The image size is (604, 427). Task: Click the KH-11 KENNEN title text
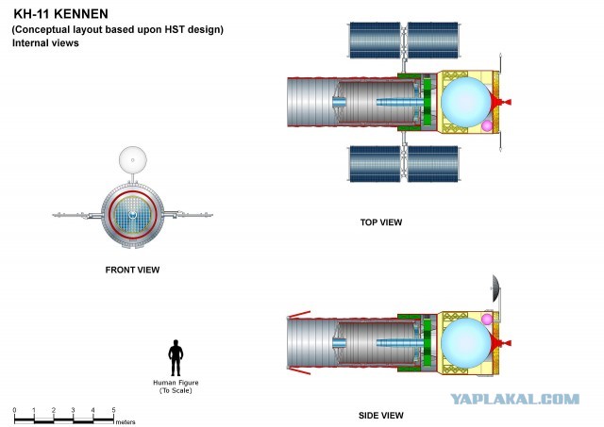[x=60, y=14]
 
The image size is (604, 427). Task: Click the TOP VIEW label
[x=381, y=222]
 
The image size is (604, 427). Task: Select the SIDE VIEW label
[x=381, y=416]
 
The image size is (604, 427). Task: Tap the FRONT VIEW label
[x=132, y=270]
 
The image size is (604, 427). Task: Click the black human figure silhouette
[x=176, y=358]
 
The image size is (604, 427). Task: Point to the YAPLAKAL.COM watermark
[x=514, y=399]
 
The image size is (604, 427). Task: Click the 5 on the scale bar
[x=113, y=410]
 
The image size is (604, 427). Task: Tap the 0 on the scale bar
[x=15, y=410]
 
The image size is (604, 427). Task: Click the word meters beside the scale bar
[x=126, y=422]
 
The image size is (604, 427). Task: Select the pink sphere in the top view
[x=487, y=125]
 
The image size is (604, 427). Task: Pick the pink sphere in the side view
[x=487, y=319]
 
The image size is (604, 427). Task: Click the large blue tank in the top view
[x=465, y=102]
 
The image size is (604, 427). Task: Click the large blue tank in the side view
[x=465, y=343]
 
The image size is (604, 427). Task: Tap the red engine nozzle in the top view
[x=500, y=102]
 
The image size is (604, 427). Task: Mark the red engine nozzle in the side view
[x=500, y=343]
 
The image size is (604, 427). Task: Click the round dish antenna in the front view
[x=132, y=160]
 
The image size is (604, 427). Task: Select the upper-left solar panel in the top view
[x=375, y=40]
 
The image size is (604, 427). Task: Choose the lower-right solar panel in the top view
[x=433, y=163]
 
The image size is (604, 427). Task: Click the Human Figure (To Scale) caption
[x=176, y=386]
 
